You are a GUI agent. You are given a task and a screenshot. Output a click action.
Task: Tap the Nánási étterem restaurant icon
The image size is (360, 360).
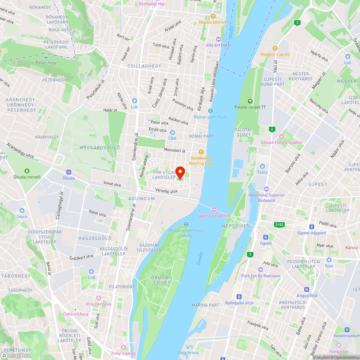coord(213,16)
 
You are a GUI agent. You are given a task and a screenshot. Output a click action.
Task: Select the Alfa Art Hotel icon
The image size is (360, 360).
coord(218,39)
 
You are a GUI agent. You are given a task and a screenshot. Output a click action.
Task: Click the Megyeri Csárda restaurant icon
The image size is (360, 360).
coord(275,48)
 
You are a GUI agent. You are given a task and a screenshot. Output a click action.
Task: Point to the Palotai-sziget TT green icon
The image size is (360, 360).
coord(250,101)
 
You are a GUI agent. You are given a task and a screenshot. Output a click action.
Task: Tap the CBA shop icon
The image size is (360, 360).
coord(172,132)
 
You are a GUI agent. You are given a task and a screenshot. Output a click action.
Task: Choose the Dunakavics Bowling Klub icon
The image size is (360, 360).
coord(201,152)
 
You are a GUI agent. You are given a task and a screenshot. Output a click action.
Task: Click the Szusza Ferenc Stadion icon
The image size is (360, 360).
coord(282,136)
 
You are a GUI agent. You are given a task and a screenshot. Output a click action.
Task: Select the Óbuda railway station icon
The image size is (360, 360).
coord(68,172)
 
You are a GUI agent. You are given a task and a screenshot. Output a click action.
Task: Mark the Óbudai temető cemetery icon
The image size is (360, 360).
coord(27,171)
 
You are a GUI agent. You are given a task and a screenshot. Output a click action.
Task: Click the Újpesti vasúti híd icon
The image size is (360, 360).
coord(214,210)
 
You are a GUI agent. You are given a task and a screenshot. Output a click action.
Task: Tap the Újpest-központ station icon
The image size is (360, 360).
coord(311,227)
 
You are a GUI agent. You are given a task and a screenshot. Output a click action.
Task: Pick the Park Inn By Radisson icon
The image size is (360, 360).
coord(260,270)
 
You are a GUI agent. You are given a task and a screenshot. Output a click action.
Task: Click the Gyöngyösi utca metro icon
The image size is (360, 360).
coord(239,297)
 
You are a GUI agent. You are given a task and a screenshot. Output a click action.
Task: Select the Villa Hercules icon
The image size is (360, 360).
coord(98,298)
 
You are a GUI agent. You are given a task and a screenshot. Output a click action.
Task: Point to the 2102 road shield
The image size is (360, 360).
coord(279,225)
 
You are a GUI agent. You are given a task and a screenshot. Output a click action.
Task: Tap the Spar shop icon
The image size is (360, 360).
coord(329,260)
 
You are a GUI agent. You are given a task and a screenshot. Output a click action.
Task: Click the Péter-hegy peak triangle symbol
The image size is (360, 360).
coord(46,57)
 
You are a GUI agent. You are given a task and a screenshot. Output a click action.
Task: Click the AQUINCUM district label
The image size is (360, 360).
coord(141,199)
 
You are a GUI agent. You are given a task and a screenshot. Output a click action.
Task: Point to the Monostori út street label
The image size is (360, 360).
coord(175,150)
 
